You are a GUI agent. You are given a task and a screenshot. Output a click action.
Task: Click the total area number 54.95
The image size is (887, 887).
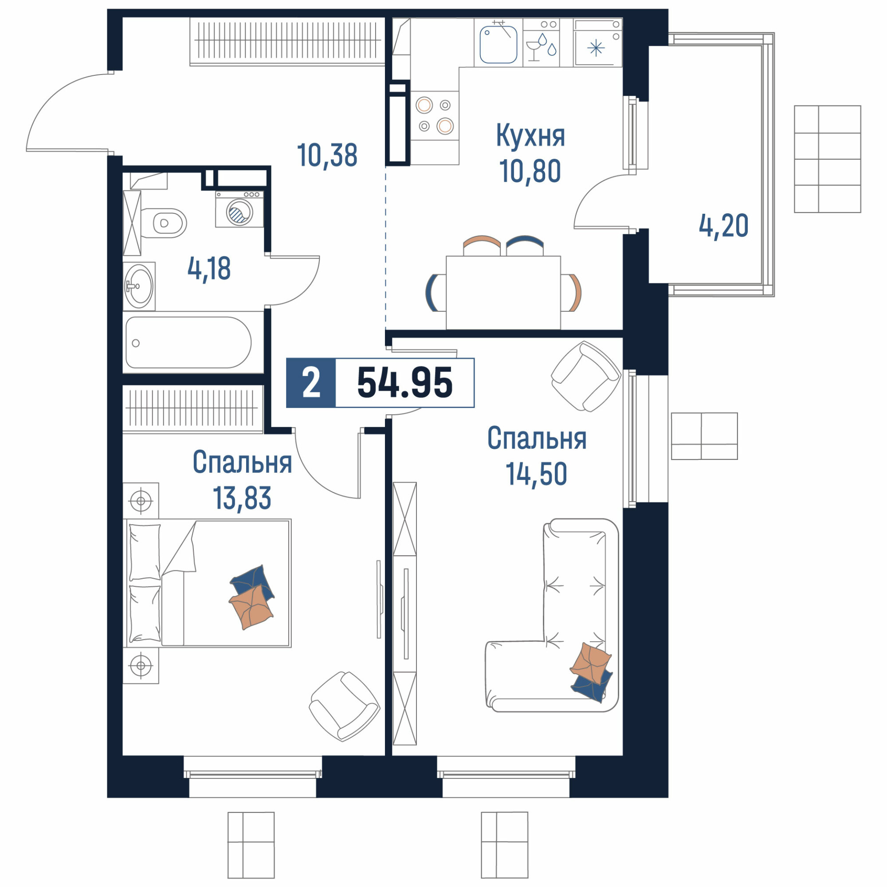(404, 382)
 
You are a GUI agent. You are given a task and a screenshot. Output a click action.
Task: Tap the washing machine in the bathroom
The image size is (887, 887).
(239, 209)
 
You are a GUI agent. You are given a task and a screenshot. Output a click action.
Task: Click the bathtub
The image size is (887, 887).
(188, 342)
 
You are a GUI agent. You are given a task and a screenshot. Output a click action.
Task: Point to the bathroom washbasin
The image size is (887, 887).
(139, 286)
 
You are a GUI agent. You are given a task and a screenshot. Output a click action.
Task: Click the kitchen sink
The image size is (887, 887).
(498, 44)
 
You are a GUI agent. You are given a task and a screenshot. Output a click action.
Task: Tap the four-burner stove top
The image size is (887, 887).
(434, 116)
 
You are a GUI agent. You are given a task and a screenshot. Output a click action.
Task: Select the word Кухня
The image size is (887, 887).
(530, 136)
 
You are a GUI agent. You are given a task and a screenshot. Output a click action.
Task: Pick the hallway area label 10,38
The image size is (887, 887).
(327, 155)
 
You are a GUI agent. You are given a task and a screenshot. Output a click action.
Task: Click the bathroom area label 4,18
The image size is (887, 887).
(209, 269)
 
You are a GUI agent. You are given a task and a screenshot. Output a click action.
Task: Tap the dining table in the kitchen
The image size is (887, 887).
(503, 292)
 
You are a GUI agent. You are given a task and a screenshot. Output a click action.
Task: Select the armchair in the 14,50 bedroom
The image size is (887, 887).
(586, 377)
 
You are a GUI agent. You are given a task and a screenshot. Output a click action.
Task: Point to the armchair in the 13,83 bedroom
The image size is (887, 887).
(344, 706)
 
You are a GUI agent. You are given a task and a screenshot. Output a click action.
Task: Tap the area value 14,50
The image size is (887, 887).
(536, 474)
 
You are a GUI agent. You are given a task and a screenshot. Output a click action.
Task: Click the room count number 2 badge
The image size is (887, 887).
(311, 383)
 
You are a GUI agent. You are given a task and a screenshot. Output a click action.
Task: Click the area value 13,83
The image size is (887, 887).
(242, 498)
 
